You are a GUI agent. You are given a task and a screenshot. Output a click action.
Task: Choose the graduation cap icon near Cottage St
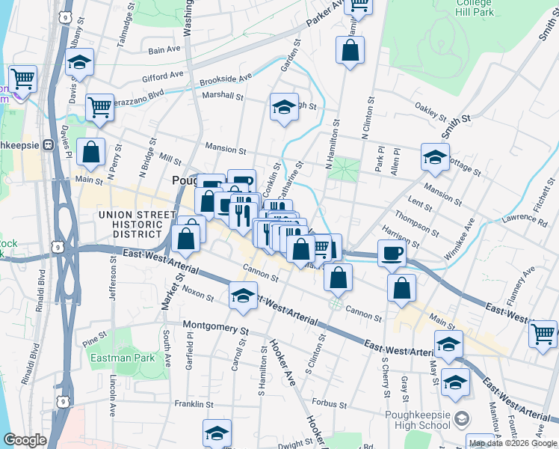[x=435, y=157]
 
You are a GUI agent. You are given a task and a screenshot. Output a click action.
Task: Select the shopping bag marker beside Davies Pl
[x=90, y=152]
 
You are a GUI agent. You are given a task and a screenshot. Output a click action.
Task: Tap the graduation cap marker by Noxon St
[x=242, y=296]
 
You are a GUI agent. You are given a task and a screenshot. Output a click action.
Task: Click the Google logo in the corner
[x=25, y=440]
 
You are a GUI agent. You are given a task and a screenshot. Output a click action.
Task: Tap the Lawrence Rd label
[x=524, y=219]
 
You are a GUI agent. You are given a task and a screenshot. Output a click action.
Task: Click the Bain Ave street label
[x=164, y=50]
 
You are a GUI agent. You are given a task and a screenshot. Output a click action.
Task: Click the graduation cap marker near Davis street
[x=79, y=64]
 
